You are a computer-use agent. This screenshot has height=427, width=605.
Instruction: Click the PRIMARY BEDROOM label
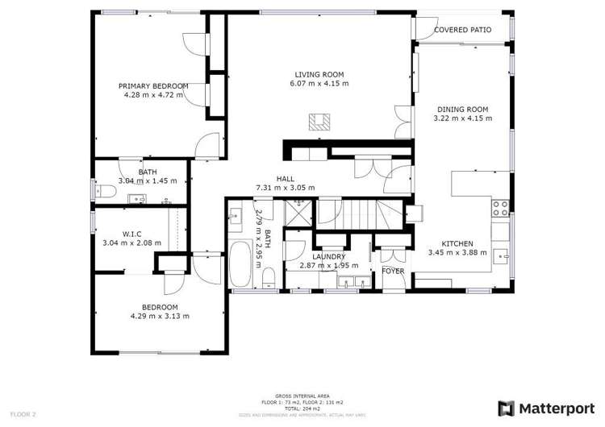coord(153,86)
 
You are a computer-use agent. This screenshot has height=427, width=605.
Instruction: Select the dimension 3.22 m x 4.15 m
coord(462,118)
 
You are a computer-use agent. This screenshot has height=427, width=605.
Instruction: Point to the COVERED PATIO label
coord(462,30)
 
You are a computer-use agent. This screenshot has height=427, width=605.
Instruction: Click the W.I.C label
coord(131,234)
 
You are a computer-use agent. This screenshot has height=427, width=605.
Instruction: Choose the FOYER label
coord(393,272)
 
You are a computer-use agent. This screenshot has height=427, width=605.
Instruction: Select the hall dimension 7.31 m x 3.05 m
coord(285,188)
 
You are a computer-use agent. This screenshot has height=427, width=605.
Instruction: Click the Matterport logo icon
coord(506,408)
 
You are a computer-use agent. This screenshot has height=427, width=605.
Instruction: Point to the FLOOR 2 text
coord(23,414)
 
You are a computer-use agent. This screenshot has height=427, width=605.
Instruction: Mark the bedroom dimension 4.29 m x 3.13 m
coord(160,316)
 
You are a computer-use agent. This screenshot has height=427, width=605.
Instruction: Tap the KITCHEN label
coord(457,243)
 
